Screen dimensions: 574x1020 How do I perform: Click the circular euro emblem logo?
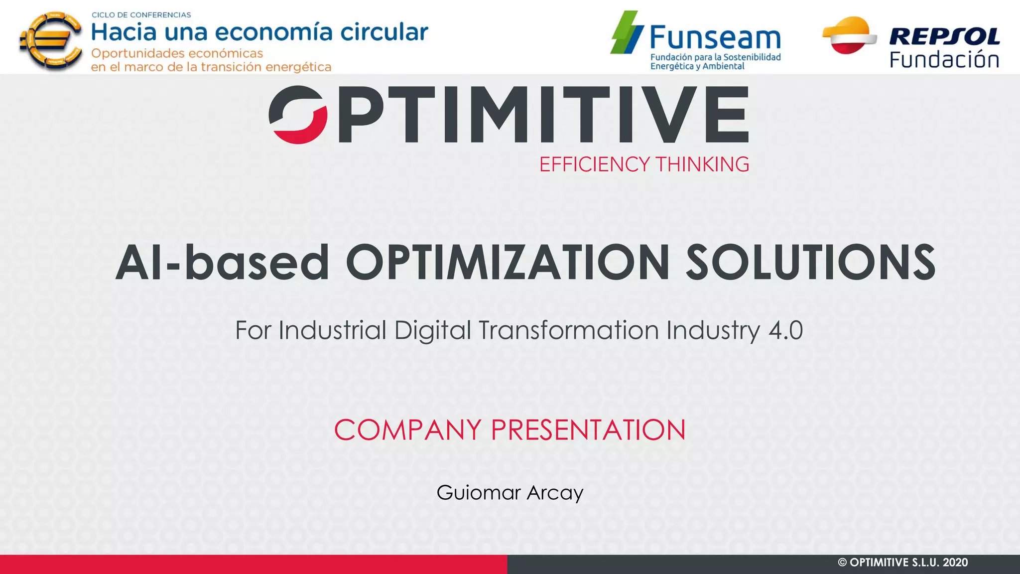[50, 41]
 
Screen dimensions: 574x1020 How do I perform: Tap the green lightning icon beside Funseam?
[627, 33]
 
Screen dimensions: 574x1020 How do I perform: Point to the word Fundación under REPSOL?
[944, 60]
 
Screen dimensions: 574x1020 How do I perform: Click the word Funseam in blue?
[715, 38]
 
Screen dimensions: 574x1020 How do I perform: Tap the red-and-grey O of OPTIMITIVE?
[298, 115]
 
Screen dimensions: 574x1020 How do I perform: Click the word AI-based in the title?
[222, 263]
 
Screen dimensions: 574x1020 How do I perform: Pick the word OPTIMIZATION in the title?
[508, 263]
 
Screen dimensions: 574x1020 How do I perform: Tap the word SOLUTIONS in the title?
[810, 263]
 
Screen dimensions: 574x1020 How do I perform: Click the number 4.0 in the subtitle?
[785, 330]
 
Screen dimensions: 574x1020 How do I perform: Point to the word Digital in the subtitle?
[432, 330]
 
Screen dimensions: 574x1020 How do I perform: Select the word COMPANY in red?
[407, 430]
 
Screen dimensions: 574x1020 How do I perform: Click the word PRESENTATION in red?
[588, 430]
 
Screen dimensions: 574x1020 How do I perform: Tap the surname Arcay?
[555, 493]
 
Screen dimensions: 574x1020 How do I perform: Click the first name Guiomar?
[479, 493]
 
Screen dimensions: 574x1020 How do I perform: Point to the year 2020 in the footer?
[955, 563]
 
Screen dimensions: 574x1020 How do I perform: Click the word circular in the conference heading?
[384, 32]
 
